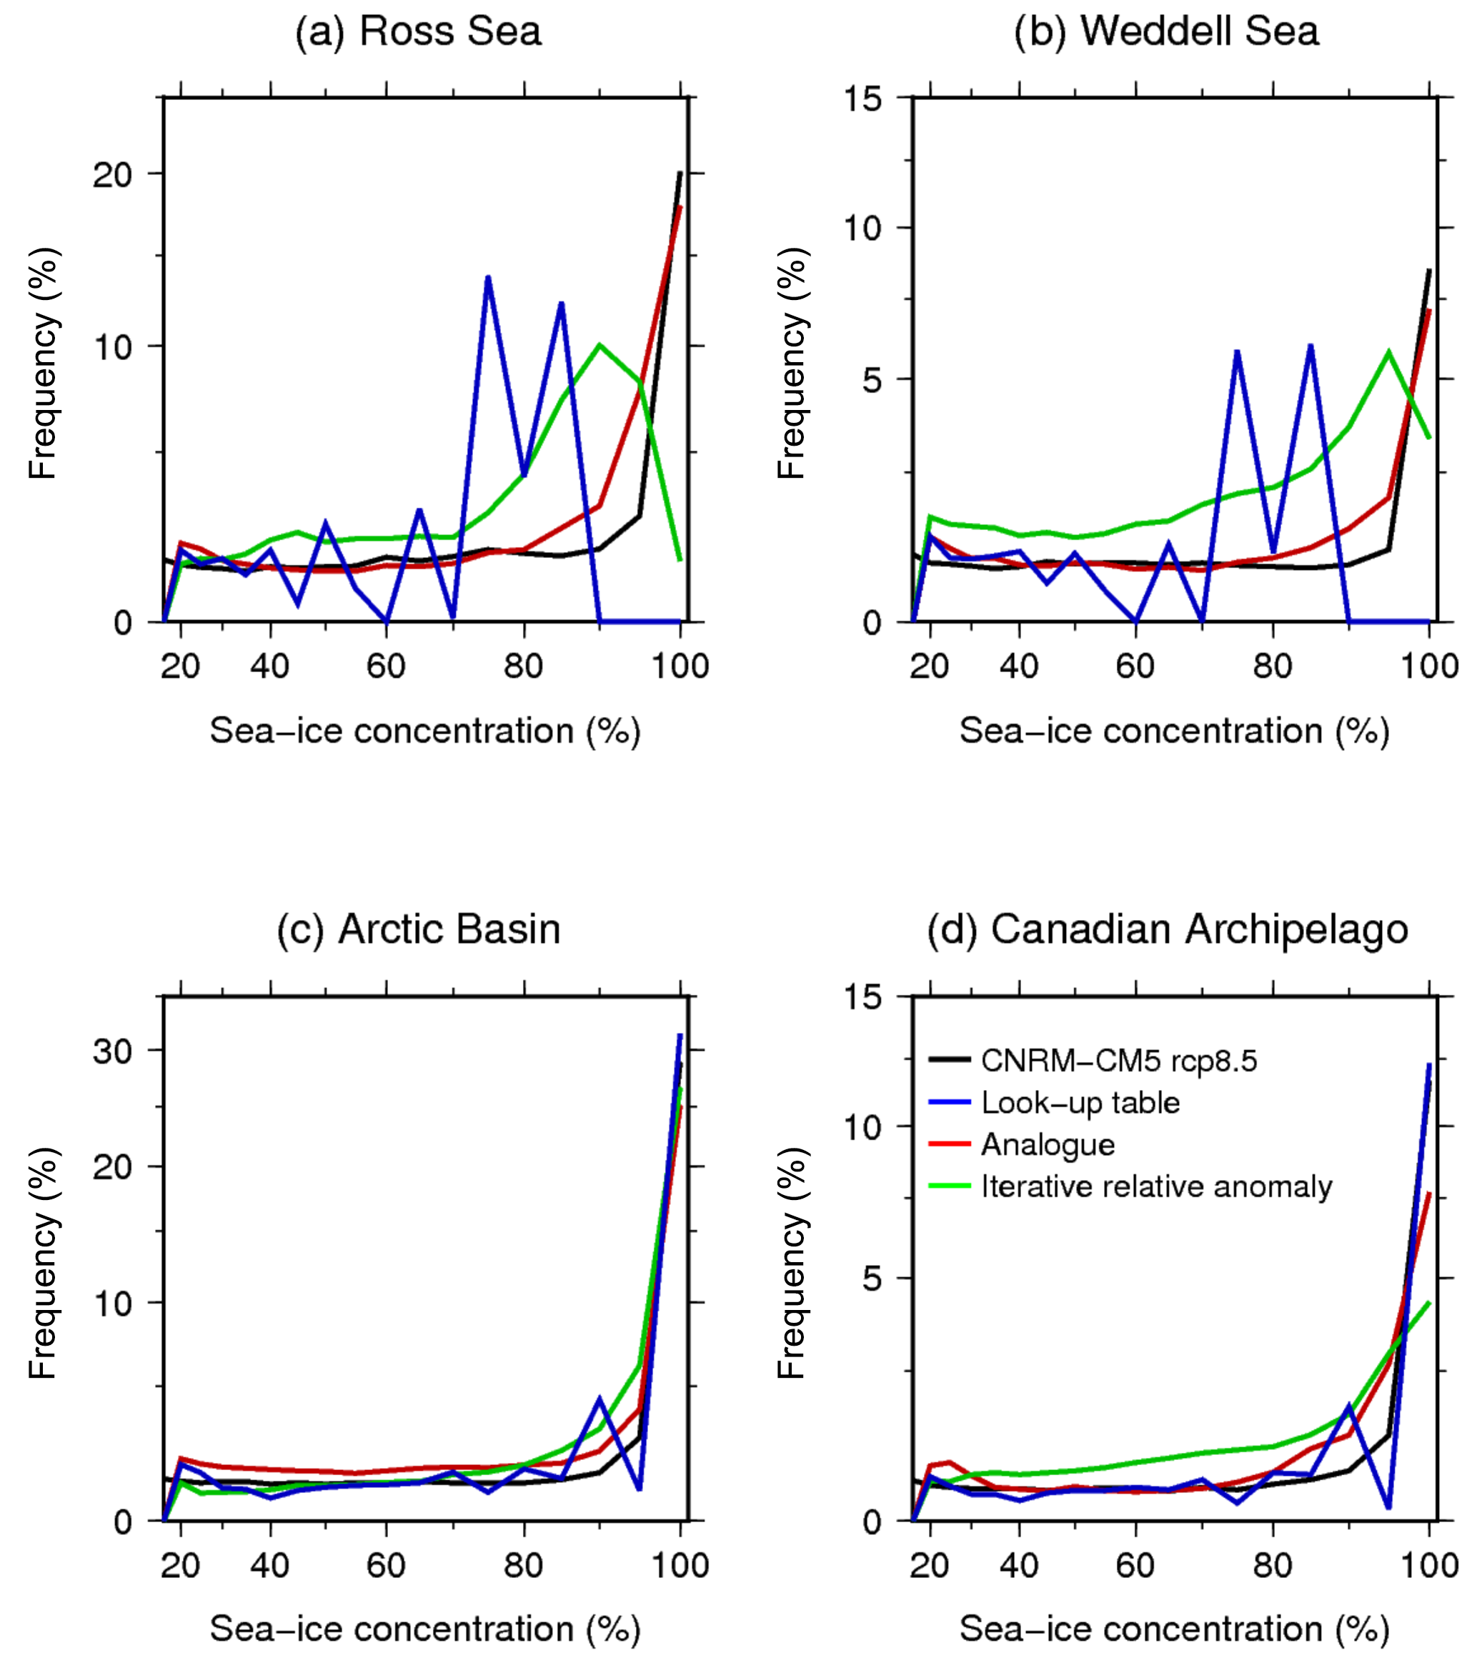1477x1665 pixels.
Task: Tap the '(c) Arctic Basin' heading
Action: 418,929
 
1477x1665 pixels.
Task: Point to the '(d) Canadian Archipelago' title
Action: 1168,929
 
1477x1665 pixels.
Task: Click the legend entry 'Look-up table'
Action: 1080,1103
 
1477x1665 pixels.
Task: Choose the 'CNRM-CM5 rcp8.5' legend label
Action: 1118,1061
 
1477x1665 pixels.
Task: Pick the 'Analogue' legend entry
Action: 1048,1144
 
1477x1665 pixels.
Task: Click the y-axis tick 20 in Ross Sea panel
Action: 113,175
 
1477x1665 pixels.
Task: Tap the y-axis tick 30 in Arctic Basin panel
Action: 113,1051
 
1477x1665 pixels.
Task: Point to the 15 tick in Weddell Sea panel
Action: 862,99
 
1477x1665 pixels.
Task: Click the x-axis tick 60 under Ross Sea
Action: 385,667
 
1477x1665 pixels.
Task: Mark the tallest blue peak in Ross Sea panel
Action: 487,277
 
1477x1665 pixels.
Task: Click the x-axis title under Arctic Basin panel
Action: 424,1629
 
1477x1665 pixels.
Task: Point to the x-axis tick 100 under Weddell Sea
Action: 1429,667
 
